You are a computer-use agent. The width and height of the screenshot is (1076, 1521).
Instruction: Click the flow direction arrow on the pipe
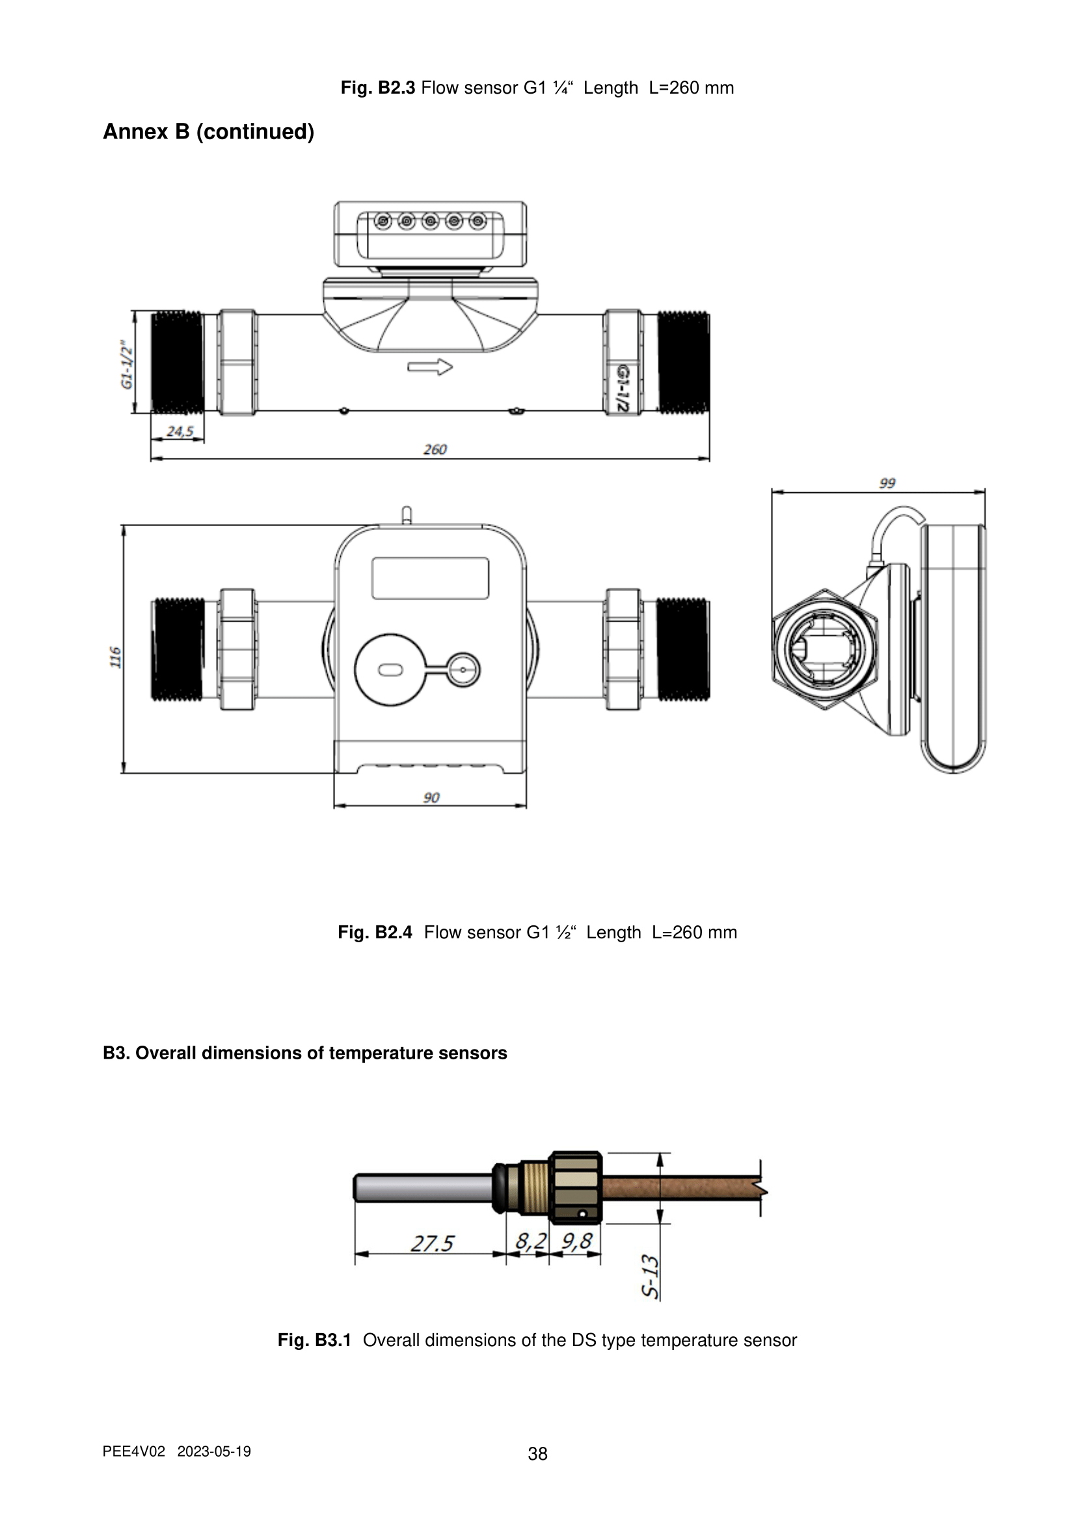pyautogui.click(x=430, y=367)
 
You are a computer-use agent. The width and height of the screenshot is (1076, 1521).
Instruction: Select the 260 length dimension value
pyautogui.click(x=435, y=449)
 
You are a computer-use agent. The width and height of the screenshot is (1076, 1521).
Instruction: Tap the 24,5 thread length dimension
pyautogui.click(x=180, y=431)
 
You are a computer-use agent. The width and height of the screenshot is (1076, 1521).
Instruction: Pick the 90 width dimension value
pyautogui.click(x=431, y=797)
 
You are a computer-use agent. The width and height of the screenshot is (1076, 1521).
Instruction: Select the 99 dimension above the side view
pyautogui.click(x=887, y=483)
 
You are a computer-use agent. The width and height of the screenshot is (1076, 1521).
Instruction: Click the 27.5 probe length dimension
pyautogui.click(x=432, y=1243)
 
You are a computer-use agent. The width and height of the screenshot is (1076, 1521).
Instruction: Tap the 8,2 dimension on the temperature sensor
pyautogui.click(x=531, y=1241)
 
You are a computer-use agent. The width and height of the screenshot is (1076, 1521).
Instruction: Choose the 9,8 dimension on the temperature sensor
pyautogui.click(x=576, y=1241)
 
